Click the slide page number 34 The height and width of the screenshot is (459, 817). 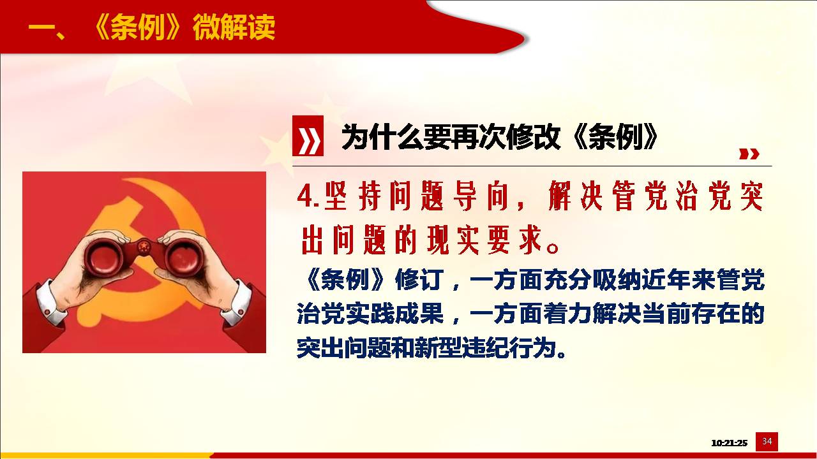click(767, 442)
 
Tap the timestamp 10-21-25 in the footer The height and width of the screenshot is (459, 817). click(729, 443)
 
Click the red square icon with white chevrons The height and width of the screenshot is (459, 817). click(308, 136)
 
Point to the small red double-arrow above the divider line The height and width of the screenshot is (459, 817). click(749, 154)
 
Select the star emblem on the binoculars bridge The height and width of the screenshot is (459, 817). click(144, 249)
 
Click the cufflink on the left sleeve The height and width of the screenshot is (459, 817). click(47, 312)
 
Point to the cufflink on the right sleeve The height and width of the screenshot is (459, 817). click(242, 312)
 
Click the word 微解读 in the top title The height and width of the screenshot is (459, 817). click(234, 27)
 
